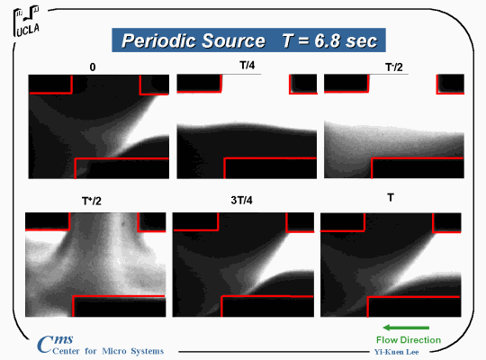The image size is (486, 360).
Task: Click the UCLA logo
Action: click(26, 21)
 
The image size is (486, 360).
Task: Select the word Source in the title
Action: click(234, 40)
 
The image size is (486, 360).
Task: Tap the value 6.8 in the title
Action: click(326, 40)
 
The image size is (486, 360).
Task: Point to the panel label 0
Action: click(93, 67)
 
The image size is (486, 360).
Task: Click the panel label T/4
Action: click(247, 65)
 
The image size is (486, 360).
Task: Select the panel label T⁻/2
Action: click(393, 67)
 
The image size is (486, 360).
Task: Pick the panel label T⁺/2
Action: click(92, 201)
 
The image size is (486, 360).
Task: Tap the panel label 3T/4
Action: click(241, 201)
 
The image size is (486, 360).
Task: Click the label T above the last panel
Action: click(391, 197)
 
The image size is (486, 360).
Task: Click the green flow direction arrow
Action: click(406, 328)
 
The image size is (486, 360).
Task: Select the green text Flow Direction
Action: click(409, 340)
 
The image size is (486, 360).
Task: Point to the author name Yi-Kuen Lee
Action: click(396, 352)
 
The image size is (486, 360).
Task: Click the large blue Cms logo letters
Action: click(55, 343)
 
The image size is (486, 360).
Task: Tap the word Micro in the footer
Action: click(114, 351)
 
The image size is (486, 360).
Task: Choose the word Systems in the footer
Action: click(148, 351)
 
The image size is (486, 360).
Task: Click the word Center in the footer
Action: click(66, 351)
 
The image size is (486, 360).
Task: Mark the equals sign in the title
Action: click(303, 41)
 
